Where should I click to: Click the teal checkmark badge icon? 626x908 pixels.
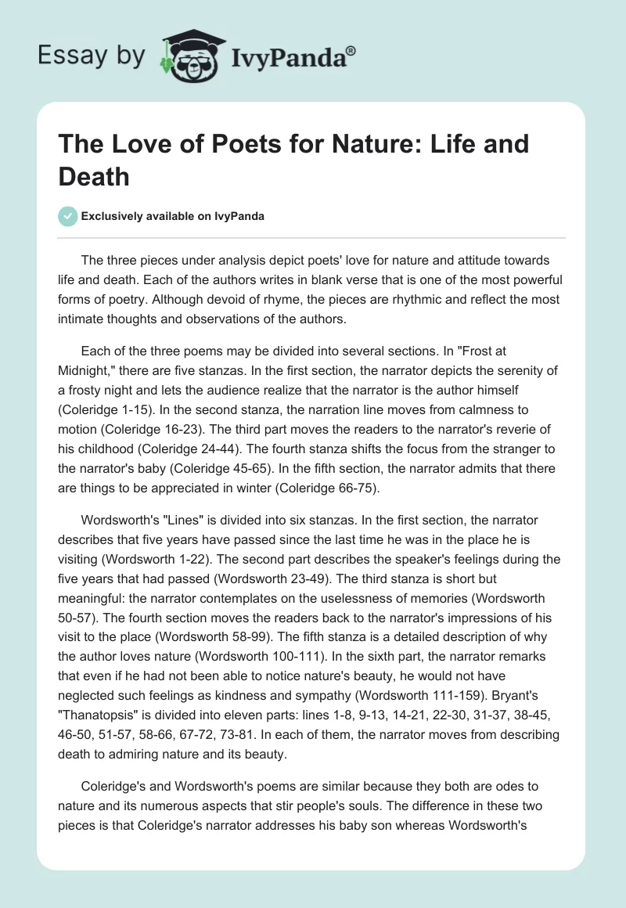click(x=67, y=216)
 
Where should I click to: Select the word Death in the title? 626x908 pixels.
click(x=95, y=177)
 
